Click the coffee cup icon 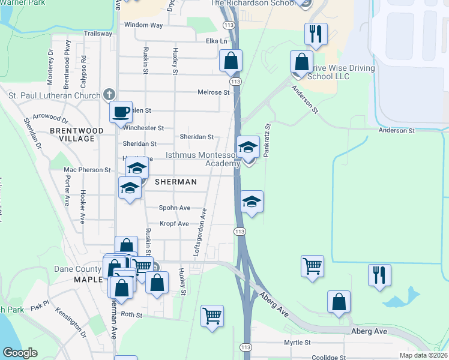pos(121,112)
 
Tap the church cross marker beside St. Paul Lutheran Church pos(109,95)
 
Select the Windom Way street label pos(143,25)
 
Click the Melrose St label pos(214,92)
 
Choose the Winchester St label pos(143,128)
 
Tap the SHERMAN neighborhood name pos(176,181)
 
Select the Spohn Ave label pos(175,208)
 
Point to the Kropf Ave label pos(174,224)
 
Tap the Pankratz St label pos(268,140)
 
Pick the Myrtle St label pos(298,343)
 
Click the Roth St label pos(131,314)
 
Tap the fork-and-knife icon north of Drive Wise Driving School pos(316,35)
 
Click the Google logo pos(20,353)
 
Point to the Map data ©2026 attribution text pos(423,355)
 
